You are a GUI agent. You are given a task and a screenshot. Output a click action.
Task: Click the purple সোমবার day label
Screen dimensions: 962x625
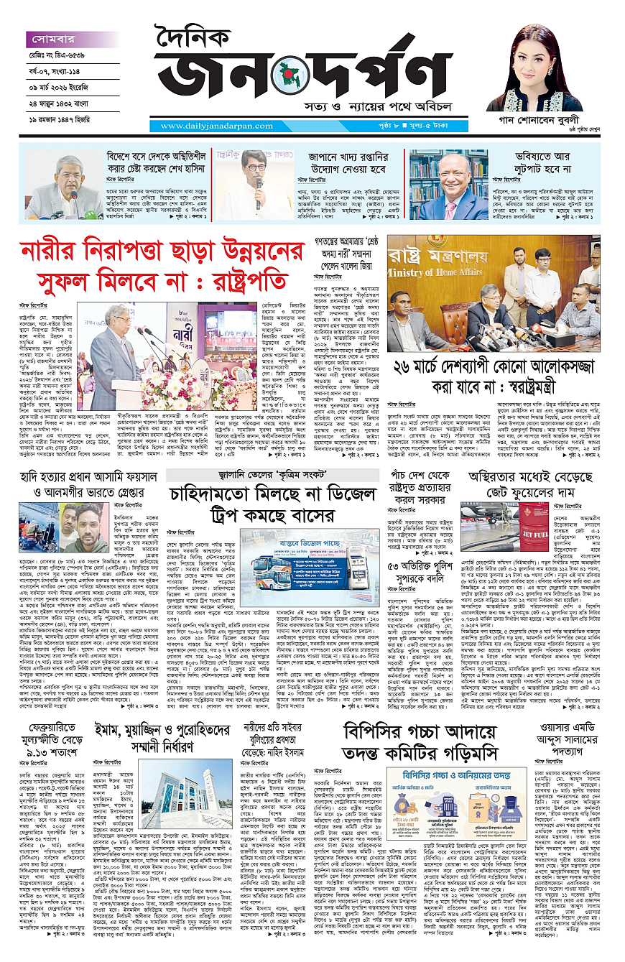click(x=52, y=40)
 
